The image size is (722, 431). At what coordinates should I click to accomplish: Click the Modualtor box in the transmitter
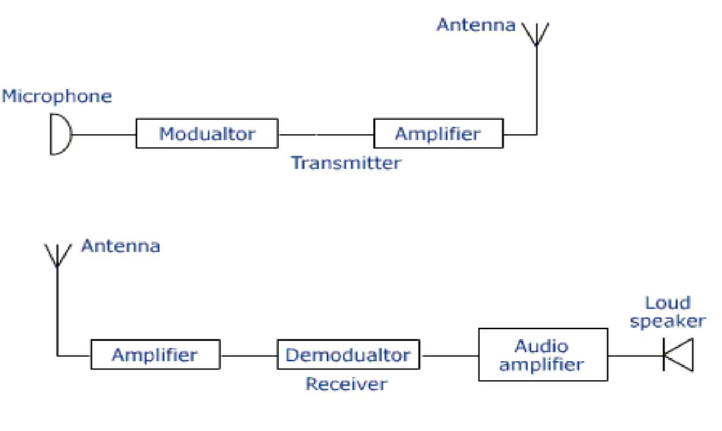click(x=207, y=134)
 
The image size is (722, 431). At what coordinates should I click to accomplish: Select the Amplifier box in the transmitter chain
click(x=438, y=134)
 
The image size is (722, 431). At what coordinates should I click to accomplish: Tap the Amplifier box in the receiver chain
click(x=155, y=355)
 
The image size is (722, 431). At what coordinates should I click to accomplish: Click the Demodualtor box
click(x=348, y=355)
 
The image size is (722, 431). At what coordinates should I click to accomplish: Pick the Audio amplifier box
click(x=543, y=355)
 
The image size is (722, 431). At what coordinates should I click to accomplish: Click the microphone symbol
click(x=60, y=134)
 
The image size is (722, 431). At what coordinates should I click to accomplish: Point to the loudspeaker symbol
click(x=679, y=355)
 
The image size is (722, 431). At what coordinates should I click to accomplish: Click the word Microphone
click(x=56, y=96)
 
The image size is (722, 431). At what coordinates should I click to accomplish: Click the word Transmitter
click(x=346, y=163)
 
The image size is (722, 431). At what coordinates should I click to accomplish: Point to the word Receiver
click(x=346, y=384)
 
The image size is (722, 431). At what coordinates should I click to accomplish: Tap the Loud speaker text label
click(x=667, y=312)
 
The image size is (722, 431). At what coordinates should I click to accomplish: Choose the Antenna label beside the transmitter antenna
click(x=476, y=25)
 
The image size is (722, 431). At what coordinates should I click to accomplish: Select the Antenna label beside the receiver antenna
click(x=120, y=246)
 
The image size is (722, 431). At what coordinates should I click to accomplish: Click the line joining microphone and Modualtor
click(x=103, y=134)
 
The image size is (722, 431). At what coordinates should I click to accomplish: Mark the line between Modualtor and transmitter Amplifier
click(x=325, y=134)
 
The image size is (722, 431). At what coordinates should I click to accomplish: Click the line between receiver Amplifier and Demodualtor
click(x=248, y=356)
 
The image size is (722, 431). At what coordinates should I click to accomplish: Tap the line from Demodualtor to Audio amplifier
click(x=449, y=356)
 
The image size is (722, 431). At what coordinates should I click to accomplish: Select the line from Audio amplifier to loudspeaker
click(x=634, y=356)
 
